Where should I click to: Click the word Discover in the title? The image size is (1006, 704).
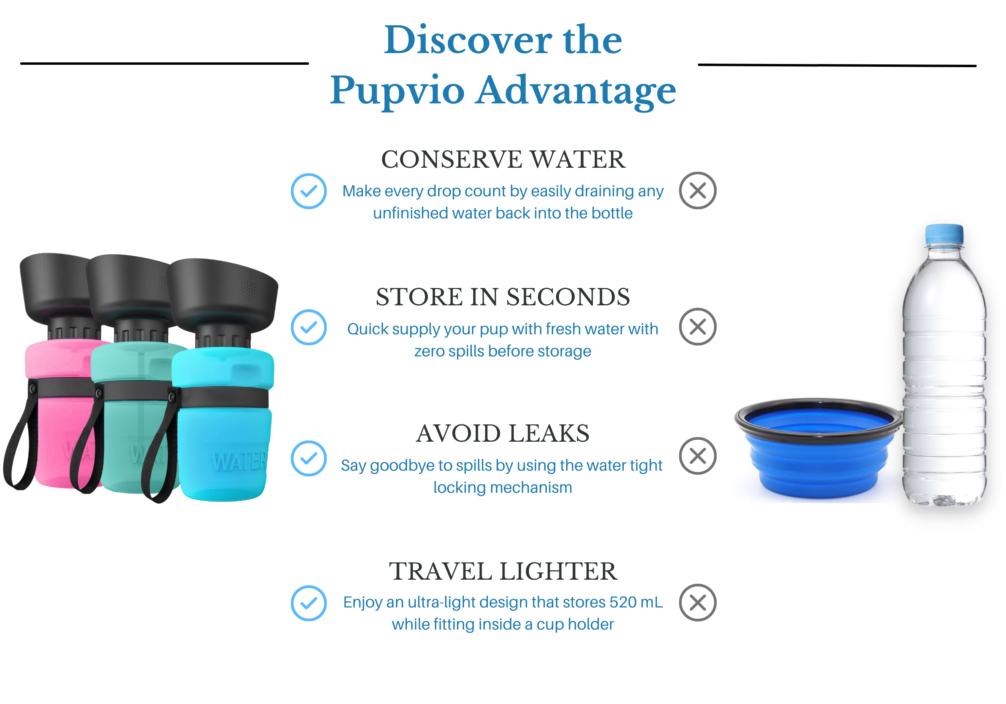467,40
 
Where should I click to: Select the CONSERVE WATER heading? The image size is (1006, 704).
503,159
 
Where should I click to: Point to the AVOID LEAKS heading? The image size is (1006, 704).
503,433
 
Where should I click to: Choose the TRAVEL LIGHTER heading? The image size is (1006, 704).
503,571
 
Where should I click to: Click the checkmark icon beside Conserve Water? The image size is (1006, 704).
309,191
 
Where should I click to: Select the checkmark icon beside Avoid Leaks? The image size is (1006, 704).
309,458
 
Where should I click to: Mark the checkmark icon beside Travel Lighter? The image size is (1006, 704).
309,603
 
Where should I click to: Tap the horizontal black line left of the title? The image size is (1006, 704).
164,64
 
